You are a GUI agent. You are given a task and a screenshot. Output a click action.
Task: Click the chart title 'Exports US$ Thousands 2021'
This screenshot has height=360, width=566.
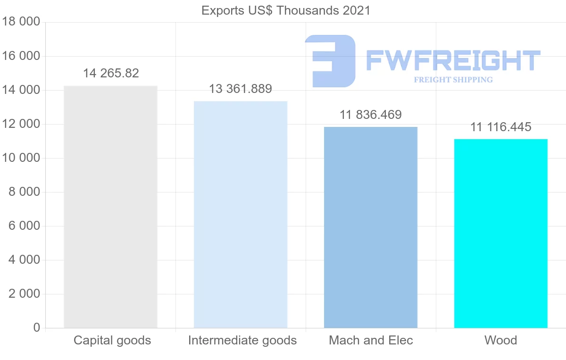tap(286, 10)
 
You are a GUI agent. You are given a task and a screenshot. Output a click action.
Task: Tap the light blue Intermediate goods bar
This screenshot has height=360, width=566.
tap(241, 214)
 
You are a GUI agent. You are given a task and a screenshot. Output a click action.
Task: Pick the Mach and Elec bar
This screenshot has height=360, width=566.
tap(371, 227)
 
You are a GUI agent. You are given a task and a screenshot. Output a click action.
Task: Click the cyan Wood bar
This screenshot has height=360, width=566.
tap(500, 233)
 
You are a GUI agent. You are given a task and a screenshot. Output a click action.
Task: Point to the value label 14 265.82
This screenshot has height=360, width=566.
tap(111, 74)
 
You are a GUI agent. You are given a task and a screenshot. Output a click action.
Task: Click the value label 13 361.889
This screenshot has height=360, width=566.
tap(241, 89)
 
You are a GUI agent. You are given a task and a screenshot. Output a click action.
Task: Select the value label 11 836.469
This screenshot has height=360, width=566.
tap(371, 115)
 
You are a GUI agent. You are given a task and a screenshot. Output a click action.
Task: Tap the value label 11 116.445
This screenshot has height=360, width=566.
tap(500, 127)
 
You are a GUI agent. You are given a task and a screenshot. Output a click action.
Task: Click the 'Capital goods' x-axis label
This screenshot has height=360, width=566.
tap(112, 340)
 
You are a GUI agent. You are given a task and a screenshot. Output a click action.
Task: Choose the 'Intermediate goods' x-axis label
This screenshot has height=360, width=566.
tap(242, 340)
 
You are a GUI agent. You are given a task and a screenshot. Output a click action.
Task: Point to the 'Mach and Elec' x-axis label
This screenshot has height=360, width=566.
tap(371, 340)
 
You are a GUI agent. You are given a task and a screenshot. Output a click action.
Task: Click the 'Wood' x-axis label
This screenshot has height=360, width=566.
tap(500, 340)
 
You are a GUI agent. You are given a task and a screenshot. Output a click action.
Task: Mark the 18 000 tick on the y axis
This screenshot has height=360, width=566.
tap(21, 22)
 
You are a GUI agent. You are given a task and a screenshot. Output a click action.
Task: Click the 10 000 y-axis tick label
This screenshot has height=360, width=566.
tap(21, 158)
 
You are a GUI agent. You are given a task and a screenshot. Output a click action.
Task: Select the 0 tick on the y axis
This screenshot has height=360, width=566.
tap(36, 328)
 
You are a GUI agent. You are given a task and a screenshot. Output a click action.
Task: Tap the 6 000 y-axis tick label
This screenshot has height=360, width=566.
tap(24, 226)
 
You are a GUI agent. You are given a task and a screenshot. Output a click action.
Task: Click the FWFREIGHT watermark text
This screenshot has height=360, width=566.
tap(453, 61)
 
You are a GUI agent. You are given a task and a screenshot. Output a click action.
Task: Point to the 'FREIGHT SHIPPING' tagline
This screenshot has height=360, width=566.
tap(453, 80)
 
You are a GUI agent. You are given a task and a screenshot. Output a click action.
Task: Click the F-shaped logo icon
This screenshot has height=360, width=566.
tap(330, 61)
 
